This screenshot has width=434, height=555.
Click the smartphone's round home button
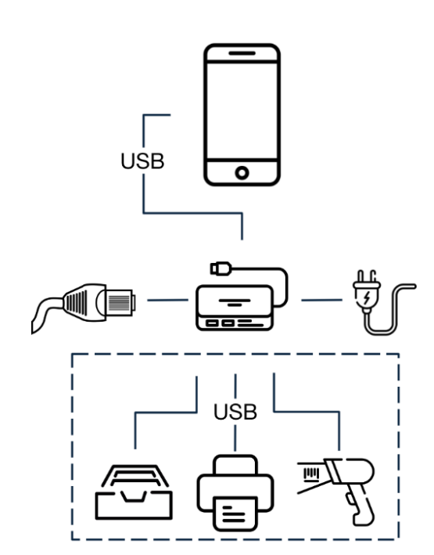pyautogui.click(x=242, y=173)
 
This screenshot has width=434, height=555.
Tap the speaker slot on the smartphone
pyautogui.click(x=242, y=53)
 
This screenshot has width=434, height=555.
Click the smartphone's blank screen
pyautogui.click(x=242, y=111)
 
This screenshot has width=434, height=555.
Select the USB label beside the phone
pyautogui.click(x=142, y=161)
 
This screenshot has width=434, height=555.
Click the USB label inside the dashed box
pyautogui.click(x=235, y=412)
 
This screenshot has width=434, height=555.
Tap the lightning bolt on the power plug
pyautogui.click(x=367, y=298)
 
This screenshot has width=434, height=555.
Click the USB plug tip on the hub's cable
pyautogui.click(x=221, y=268)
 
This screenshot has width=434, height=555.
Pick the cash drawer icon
pyautogui.click(x=134, y=492)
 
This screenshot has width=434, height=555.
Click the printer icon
pyautogui.click(x=235, y=493)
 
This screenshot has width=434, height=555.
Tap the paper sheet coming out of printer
pyautogui.click(x=235, y=514)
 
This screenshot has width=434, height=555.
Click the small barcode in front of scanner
pyautogui.click(x=311, y=474)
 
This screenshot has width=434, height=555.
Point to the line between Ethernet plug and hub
pyautogui.click(x=167, y=300)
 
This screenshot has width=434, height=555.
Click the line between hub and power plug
pyautogui.click(x=322, y=300)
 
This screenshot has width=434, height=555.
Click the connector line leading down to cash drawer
pyautogui.click(x=167, y=413)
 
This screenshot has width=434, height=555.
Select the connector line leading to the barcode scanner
pyautogui.click(x=307, y=411)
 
